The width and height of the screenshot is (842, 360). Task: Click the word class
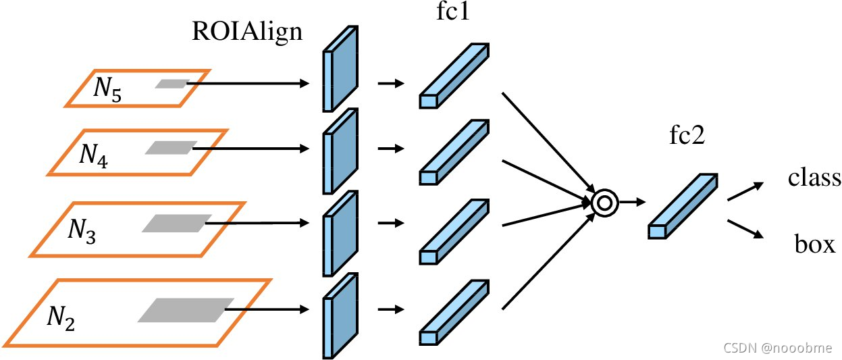click(x=814, y=178)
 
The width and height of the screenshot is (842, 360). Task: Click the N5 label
click(x=107, y=89)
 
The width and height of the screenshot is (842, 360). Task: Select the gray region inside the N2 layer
click(x=186, y=309)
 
